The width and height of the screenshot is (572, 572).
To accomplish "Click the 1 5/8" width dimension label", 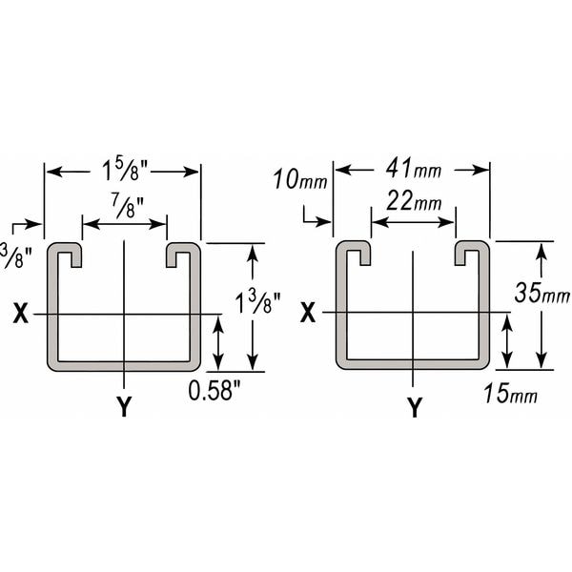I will pyautogui.click(x=123, y=172).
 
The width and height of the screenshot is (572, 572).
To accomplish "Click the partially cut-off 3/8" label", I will pyautogui.click(x=12, y=255).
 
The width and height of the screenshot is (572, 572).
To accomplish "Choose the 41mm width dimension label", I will pyautogui.click(x=412, y=171).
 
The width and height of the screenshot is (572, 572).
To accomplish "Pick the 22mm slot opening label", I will pyautogui.click(x=414, y=202).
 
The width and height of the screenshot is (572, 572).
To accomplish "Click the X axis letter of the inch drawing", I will pyautogui.click(x=20, y=314).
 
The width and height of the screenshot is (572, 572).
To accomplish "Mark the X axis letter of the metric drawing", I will pyautogui.click(x=308, y=313).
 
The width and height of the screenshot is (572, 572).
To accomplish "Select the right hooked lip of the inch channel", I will pyautogui.click(x=181, y=254).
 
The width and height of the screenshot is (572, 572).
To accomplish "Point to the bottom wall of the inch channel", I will pyautogui.click(x=124, y=365).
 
